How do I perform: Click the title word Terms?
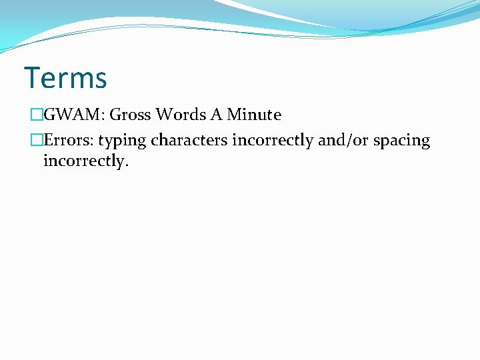(x=65, y=78)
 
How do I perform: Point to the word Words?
(x=181, y=115)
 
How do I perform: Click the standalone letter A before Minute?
(x=217, y=115)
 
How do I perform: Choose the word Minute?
(x=254, y=115)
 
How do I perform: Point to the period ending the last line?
(x=125, y=165)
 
